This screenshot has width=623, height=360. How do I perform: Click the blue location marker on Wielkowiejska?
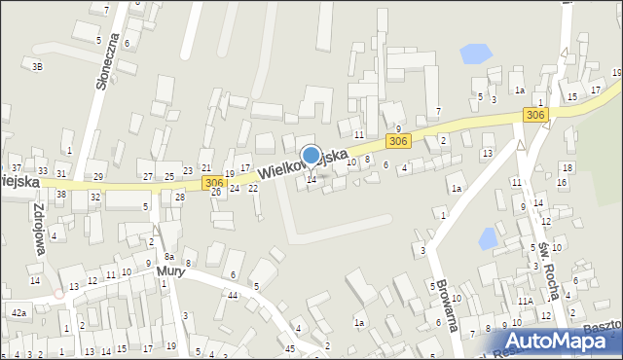pyautogui.click(x=311, y=156)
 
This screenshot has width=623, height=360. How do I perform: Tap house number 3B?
pyautogui.click(x=37, y=66)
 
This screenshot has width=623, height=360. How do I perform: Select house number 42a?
pyautogui.click(x=18, y=313)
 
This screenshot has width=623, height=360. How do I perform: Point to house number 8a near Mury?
pyautogui.click(x=168, y=257)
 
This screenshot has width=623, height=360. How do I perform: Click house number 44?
pyautogui.click(x=232, y=295)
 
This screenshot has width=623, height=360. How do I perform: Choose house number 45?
pyautogui.click(x=290, y=347)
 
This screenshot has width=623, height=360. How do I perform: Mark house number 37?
pyautogui.click(x=17, y=169)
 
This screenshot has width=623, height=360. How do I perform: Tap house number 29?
pyautogui.click(x=98, y=176)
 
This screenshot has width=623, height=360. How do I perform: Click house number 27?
pyautogui.click(x=148, y=176)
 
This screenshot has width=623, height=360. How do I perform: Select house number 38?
pyautogui.click(x=60, y=195)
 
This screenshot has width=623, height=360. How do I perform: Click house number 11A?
pyautogui.click(x=524, y=302)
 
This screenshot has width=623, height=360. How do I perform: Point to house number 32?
pyautogui.click(x=94, y=198)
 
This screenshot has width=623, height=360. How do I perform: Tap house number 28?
pyautogui.click(x=180, y=198)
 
